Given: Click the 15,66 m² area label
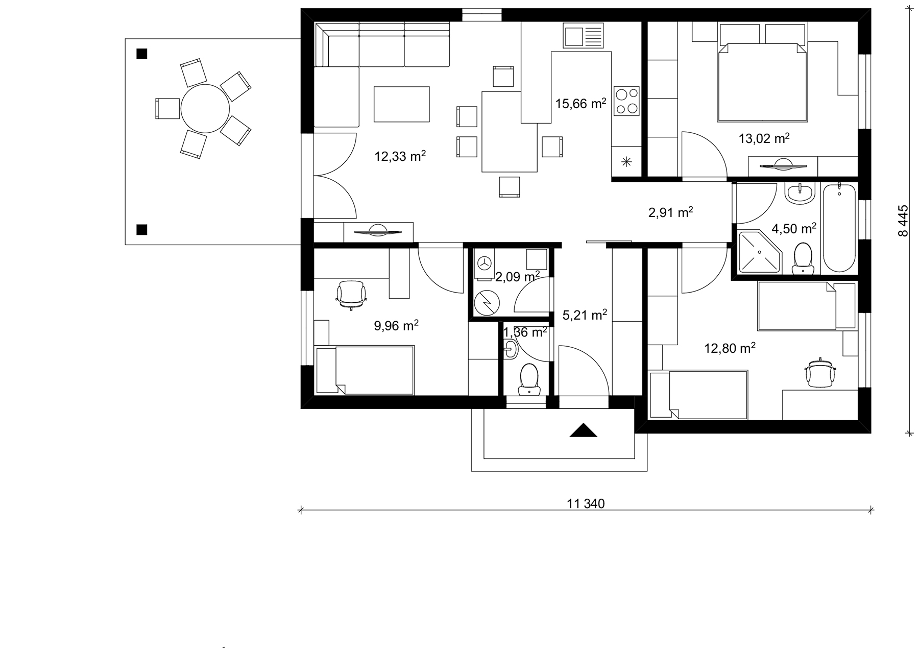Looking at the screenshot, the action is tap(581, 103).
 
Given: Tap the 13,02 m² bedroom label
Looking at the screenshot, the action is tap(764, 138).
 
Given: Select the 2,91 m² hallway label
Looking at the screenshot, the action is tap(670, 212).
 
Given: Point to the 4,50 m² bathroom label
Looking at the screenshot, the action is tap(793, 228).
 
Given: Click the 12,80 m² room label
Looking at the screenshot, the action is tap(730, 348).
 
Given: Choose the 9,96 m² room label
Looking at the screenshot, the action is tap(396, 325).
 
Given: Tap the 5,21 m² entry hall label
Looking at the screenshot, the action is tap(585, 315).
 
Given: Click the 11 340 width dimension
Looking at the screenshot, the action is tap(586, 504).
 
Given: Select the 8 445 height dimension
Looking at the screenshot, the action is tap(903, 221).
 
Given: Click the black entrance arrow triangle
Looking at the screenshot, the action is tap(583, 430).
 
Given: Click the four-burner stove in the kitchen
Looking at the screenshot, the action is tap(626, 100).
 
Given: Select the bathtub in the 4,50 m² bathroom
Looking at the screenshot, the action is tap(839, 228).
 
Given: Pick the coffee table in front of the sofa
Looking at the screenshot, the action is tap(401, 104).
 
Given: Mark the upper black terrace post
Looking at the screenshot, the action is tap(142, 53).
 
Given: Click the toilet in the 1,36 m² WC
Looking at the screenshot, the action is tap(529, 379).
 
